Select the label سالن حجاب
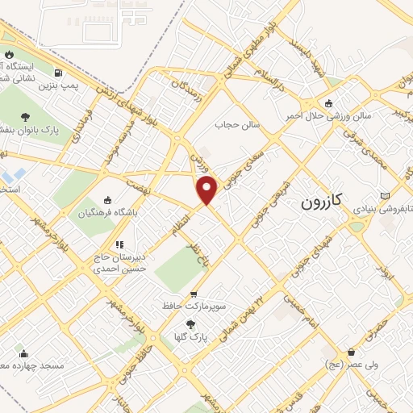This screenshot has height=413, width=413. pyautogui.click(x=233, y=125)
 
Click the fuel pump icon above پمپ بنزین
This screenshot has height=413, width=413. pyautogui.click(x=56, y=71)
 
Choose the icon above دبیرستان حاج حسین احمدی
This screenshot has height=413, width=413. pyautogui.click(x=119, y=244)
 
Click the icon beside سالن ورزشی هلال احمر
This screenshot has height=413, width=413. pyautogui.click(x=328, y=103)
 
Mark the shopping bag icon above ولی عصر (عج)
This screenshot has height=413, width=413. pyautogui.click(x=352, y=352)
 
